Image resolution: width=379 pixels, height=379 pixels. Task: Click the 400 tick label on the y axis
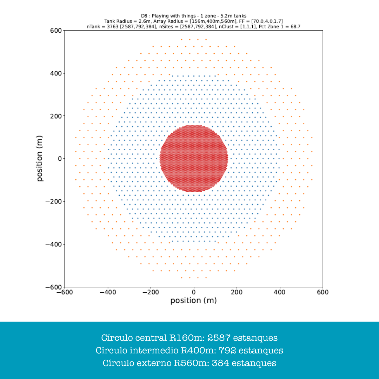[55, 73]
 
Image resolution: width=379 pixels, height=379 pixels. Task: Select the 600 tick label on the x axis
[323, 292]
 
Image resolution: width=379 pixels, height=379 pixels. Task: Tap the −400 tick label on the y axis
[53, 244]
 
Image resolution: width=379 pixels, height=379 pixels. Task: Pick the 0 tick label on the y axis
[59, 159]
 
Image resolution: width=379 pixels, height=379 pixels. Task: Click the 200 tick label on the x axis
[237, 292]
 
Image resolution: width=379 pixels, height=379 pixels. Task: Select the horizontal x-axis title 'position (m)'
[193, 301]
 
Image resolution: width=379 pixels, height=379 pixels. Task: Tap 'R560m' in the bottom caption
[191, 363]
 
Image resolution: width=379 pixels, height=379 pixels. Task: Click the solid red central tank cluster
[194, 159]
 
